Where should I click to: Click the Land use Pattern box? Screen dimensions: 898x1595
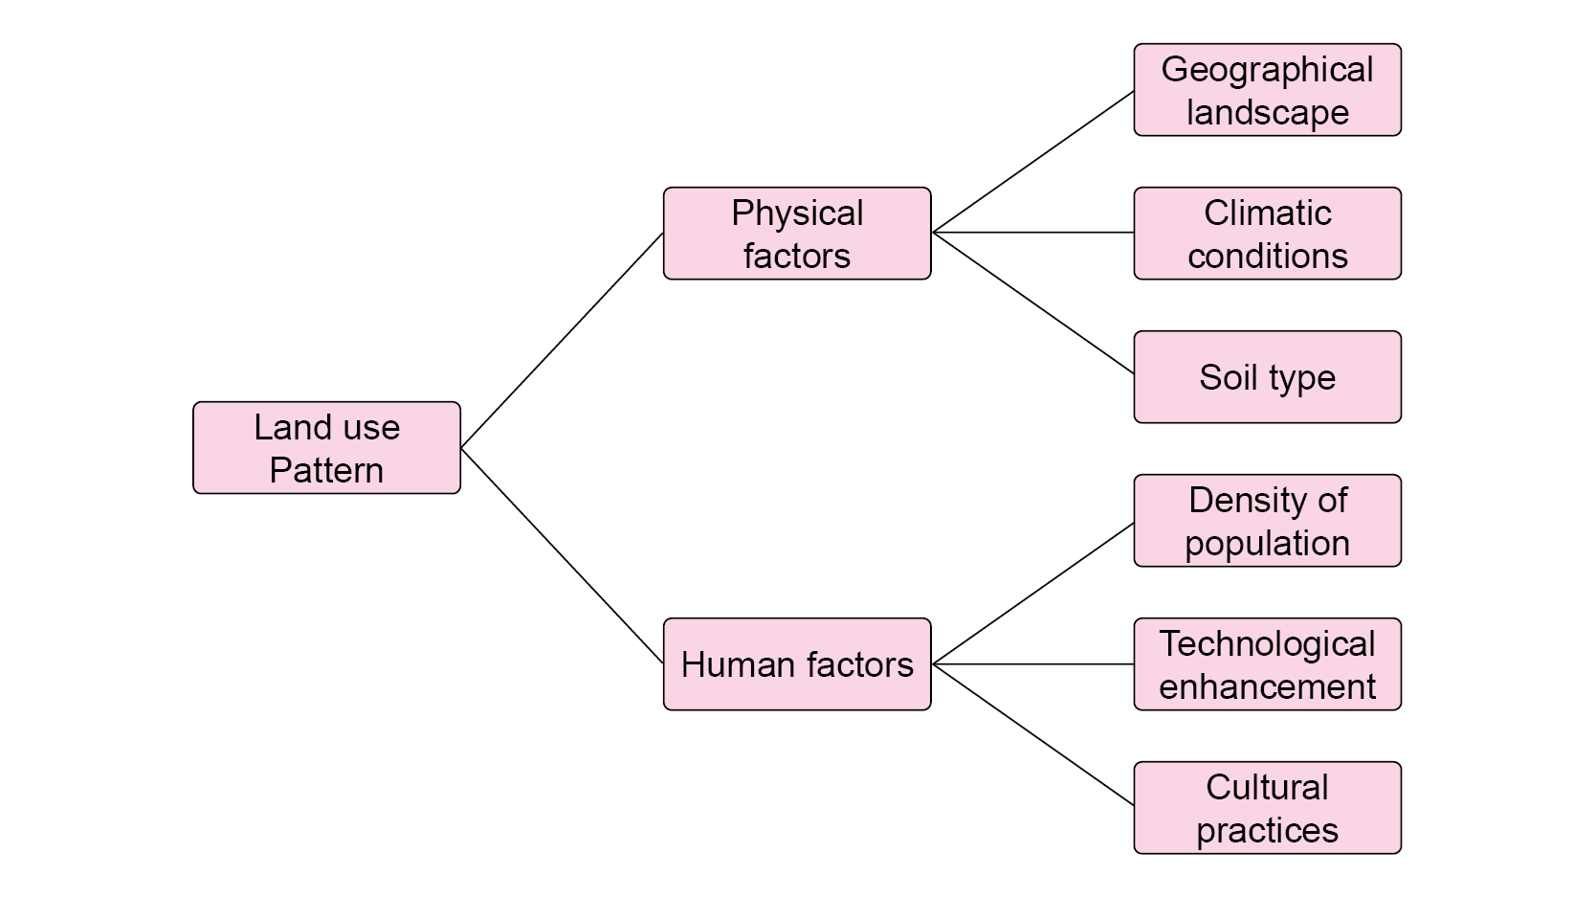pyautogui.click(x=326, y=447)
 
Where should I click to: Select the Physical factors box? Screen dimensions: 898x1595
pyautogui.click(x=796, y=233)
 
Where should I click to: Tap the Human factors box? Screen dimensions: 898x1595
pyautogui.click(x=796, y=663)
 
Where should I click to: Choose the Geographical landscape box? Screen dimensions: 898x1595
pyautogui.click(x=1267, y=89)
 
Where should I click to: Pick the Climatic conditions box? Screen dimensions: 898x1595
pyautogui.click(x=1267, y=233)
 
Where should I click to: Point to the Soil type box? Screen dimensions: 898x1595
pyautogui.click(x=1267, y=376)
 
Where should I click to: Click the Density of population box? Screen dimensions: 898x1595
pyautogui.click(x=1267, y=520)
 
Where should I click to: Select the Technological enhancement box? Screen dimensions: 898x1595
pyautogui.click(x=1267, y=663)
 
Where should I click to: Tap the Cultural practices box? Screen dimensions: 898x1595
pyautogui.click(x=1267, y=807)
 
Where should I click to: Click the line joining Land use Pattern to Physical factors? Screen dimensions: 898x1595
pyautogui.click(x=562, y=340)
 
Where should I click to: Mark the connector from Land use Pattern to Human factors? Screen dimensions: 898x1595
pyautogui.click(x=562, y=555)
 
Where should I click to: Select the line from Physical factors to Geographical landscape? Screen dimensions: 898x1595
pyautogui.click(x=1033, y=161)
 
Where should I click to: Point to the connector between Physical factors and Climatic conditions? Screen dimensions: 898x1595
pyautogui.click(x=1033, y=233)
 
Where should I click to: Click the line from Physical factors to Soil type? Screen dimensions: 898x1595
pyautogui.click(x=1033, y=303)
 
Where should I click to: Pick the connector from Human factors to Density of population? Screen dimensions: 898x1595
pyautogui.click(x=1033, y=593)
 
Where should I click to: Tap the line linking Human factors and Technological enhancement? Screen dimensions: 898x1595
pyautogui.click(x=1033, y=663)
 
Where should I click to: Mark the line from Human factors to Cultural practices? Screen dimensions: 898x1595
pyautogui.click(x=1033, y=734)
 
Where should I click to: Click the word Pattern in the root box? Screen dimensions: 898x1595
pyautogui.click(x=326, y=470)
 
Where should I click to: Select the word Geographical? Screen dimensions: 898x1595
pyautogui.click(x=1267, y=70)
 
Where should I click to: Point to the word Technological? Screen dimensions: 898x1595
pyautogui.click(x=1267, y=644)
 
